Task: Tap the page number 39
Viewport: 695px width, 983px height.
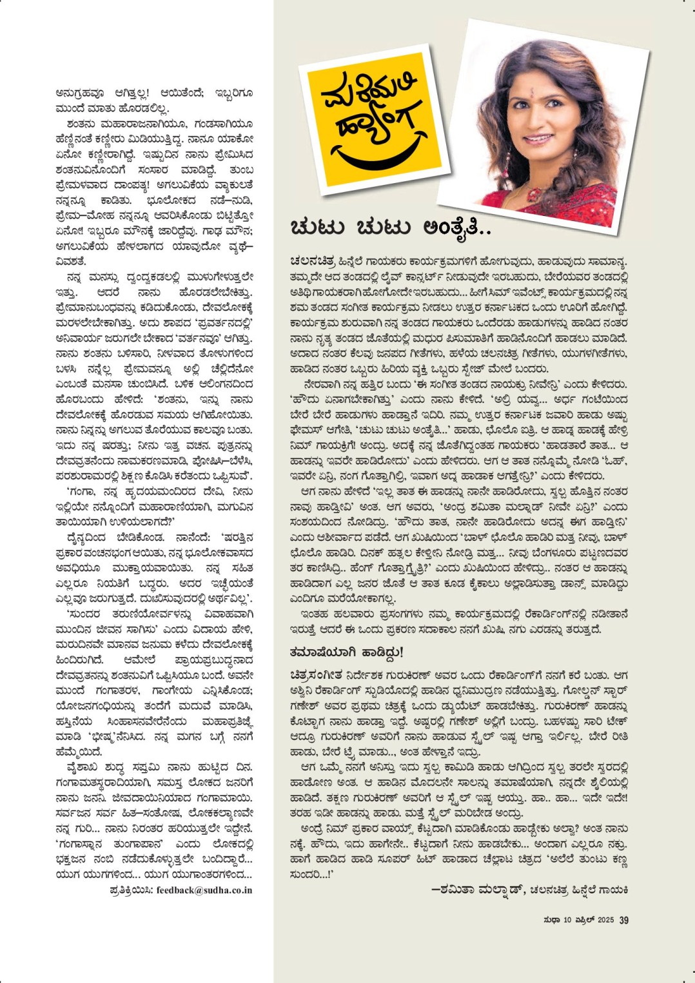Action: [x=623, y=920]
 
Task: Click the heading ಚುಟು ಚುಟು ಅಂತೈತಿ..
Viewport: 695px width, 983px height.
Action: [x=391, y=228]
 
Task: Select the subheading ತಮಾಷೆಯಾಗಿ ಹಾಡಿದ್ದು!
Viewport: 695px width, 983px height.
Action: [x=346, y=652]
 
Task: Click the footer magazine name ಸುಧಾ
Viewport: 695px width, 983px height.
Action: [x=552, y=920]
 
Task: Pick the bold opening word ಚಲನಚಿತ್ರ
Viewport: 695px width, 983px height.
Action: [x=312, y=262]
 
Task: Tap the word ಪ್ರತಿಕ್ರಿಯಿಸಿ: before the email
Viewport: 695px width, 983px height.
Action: [x=132, y=890]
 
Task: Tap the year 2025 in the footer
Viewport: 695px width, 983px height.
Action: [x=605, y=920]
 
